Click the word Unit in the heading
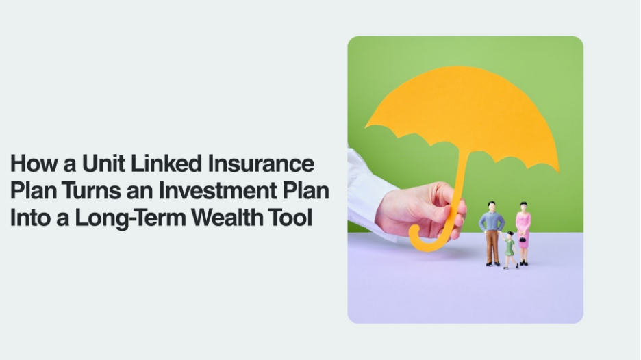coord(103,163)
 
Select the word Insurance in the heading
coord(261,163)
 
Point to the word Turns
coord(92,190)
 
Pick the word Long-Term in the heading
coord(130,218)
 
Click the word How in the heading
coord(34,163)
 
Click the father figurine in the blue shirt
coord(492,234)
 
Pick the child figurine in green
coord(510,250)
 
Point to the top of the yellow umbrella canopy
coord(458,68)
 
